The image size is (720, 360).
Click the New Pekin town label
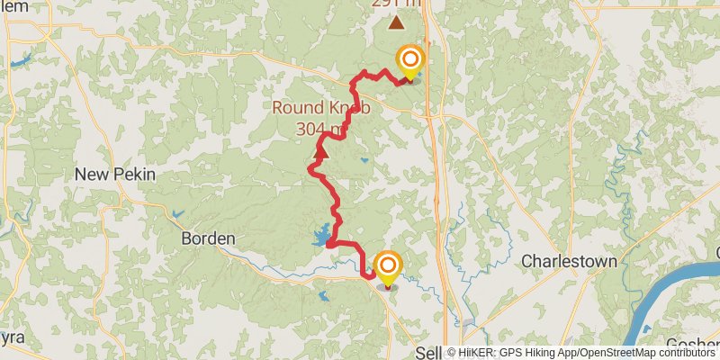click(x=127, y=174)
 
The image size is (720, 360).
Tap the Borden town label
click(x=208, y=238)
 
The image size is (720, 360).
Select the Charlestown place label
click(x=570, y=261)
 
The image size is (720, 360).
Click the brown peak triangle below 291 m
click(x=395, y=22)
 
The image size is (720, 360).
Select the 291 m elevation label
click(x=396, y=4)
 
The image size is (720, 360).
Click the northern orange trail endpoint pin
click(x=409, y=63)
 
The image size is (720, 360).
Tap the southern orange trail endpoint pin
click(x=388, y=266)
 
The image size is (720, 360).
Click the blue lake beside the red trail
click(x=320, y=237)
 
